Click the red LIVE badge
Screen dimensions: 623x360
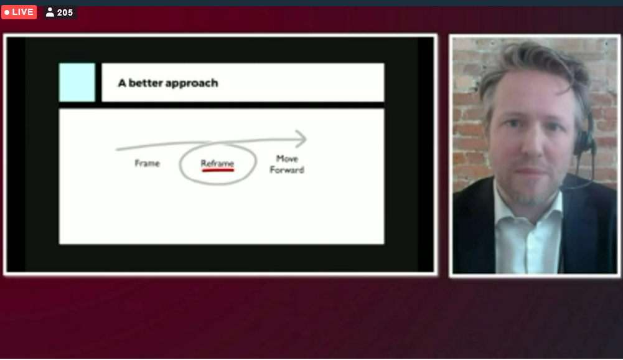click(x=19, y=12)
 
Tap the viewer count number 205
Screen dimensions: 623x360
click(x=65, y=12)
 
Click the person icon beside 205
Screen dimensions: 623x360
click(x=50, y=12)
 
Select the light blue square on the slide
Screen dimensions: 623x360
click(x=77, y=82)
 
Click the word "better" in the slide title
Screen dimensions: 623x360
click(x=146, y=83)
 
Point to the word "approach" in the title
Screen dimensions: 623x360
click(x=192, y=83)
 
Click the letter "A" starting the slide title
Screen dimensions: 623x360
click(x=122, y=83)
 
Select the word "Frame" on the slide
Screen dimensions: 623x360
click(x=147, y=163)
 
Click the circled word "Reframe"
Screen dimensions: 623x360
click(x=217, y=163)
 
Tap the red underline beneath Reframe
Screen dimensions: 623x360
click(x=218, y=170)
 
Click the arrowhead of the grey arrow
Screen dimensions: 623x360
click(x=301, y=140)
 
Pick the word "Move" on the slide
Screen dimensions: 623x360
click(x=287, y=159)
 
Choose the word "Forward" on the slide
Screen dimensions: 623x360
click(x=287, y=170)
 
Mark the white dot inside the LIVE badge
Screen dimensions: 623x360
click(x=7, y=12)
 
